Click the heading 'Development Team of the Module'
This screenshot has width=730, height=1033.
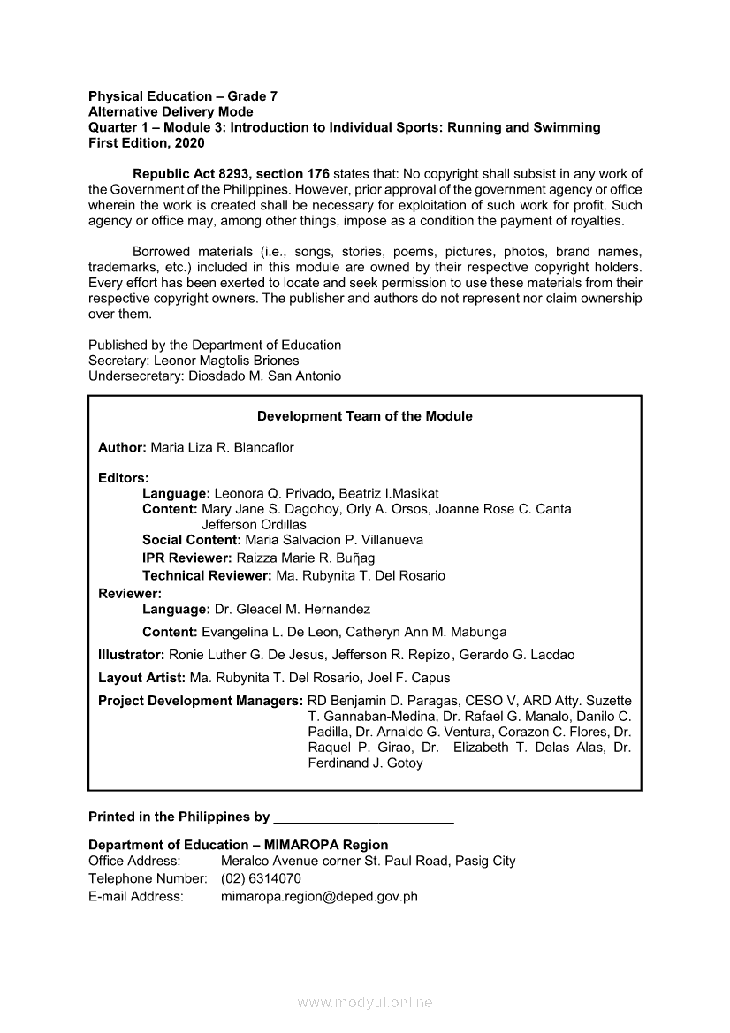click(364, 416)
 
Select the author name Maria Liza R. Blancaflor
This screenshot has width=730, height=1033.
click(222, 448)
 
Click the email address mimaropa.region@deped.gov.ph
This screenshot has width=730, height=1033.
click(318, 896)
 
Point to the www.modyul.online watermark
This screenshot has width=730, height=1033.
click(365, 1002)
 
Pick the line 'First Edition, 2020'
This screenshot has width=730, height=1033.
click(146, 142)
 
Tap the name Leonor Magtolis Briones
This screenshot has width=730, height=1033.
click(226, 361)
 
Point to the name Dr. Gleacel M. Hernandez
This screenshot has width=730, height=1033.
click(292, 609)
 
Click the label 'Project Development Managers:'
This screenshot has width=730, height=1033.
click(201, 701)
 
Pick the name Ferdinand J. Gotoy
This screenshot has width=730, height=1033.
click(365, 763)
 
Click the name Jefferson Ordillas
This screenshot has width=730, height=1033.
click(254, 524)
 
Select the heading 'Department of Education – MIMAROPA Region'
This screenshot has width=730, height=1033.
click(238, 845)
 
